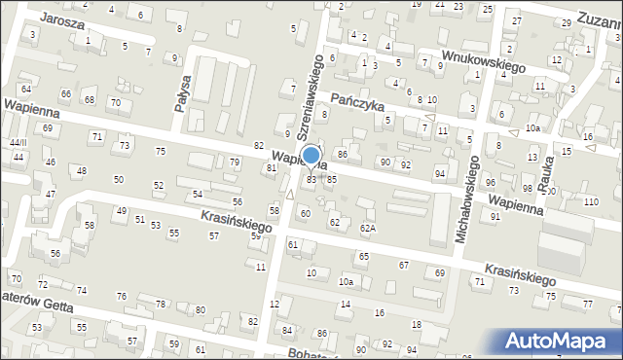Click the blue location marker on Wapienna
[311, 156]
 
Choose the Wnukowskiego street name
[483, 61]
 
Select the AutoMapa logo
[561, 341]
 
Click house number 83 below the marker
[311, 179]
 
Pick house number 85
[332, 179]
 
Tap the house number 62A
[367, 228]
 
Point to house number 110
[591, 201]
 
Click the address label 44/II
[18, 142]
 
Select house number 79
[234, 162]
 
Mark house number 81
[272, 167]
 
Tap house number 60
[306, 212]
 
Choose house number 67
[403, 265]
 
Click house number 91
[495, 216]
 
